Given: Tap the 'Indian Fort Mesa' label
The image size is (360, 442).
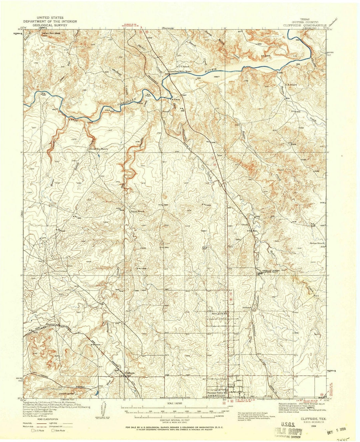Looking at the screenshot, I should click(52, 33).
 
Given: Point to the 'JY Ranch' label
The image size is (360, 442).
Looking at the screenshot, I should click(184, 66).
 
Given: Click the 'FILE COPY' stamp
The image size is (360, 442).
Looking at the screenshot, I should click(288, 432).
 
